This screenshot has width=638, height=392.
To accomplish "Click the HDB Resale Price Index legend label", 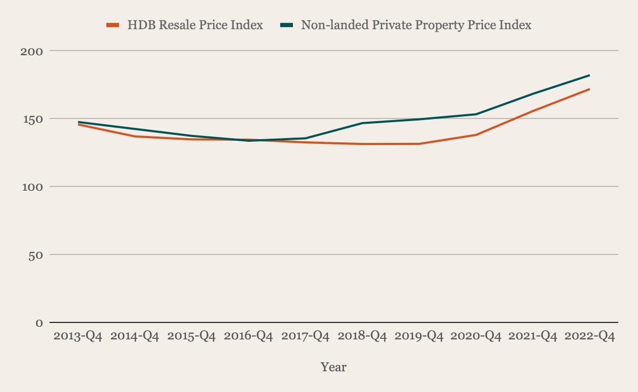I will pyautogui.click(x=195, y=25).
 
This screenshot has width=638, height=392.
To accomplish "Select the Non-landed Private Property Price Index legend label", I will pyautogui.click(x=416, y=25).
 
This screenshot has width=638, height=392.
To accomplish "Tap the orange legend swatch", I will pyautogui.click(x=112, y=25).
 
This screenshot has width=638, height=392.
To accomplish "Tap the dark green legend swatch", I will pyautogui.click(x=287, y=25).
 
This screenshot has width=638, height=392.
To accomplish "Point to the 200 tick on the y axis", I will pyautogui.click(x=31, y=51).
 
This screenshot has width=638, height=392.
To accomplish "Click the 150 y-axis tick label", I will pyautogui.click(x=31, y=119).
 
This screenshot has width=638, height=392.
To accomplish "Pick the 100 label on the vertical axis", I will pyautogui.click(x=31, y=187).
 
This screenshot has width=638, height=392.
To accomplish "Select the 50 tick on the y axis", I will pyautogui.click(x=35, y=255).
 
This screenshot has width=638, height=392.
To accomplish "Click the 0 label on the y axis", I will pyautogui.click(x=39, y=323).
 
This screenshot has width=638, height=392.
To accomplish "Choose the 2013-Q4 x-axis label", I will pyautogui.click(x=79, y=337).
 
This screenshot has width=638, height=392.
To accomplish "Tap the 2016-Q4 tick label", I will pyautogui.click(x=249, y=337).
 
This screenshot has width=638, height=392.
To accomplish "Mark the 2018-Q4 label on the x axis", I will pyautogui.click(x=363, y=337).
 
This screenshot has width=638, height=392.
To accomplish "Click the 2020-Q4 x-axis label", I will pyautogui.click(x=476, y=337).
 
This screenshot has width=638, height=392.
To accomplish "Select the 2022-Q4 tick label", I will pyautogui.click(x=590, y=337).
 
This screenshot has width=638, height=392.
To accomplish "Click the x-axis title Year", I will pyautogui.click(x=333, y=367).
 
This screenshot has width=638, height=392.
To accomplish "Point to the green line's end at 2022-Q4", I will pyautogui.click(x=590, y=75).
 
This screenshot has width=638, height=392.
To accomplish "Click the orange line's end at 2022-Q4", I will pyautogui.click(x=590, y=89).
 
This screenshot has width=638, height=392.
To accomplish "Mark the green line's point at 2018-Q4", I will pyautogui.click(x=363, y=123).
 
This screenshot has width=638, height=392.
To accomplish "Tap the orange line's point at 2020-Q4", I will pyautogui.click(x=476, y=135).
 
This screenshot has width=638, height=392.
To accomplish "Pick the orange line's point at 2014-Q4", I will pyautogui.click(x=136, y=137).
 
